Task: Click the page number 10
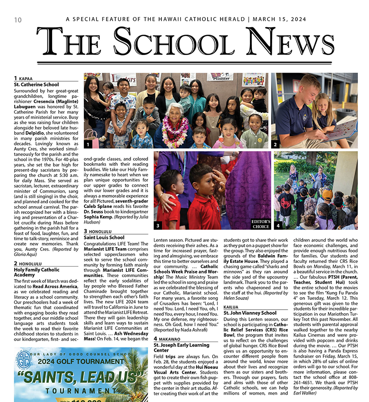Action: [18, 19]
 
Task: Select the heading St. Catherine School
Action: [36, 85]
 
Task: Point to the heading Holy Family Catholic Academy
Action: [36, 273]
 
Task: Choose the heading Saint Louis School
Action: [104, 238]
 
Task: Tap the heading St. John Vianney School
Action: [250, 313]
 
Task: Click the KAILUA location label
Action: [231, 306]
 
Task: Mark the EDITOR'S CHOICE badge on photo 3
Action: [261, 224]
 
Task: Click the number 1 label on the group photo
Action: [88, 145]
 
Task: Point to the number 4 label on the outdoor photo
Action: [278, 225]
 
